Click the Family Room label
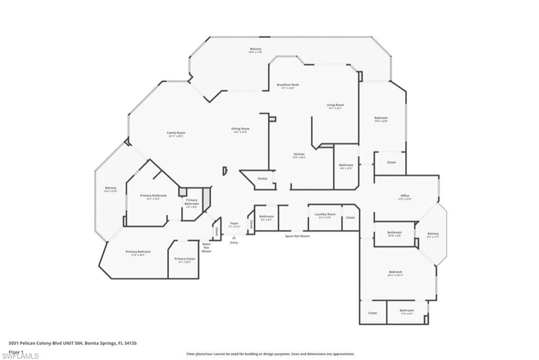(x=176, y=133)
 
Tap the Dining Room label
(x=240, y=129)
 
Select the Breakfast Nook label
(x=288, y=85)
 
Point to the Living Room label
(x=335, y=105)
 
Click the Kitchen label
(x=299, y=154)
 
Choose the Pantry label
(x=262, y=178)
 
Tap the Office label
(x=405, y=196)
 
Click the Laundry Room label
(x=325, y=214)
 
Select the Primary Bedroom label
(x=138, y=252)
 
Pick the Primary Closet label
(x=185, y=259)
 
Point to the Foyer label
(x=234, y=223)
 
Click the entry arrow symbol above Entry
(x=234, y=238)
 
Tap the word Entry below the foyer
(x=234, y=243)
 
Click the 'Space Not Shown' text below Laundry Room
(x=297, y=236)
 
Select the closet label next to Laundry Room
(x=350, y=217)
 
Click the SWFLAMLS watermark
(x=20, y=356)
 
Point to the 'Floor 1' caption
(x=16, y=352)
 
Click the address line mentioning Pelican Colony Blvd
(x=73, y=343)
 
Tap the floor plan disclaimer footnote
(x=270, y=354)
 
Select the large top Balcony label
(x=255, y=49)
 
